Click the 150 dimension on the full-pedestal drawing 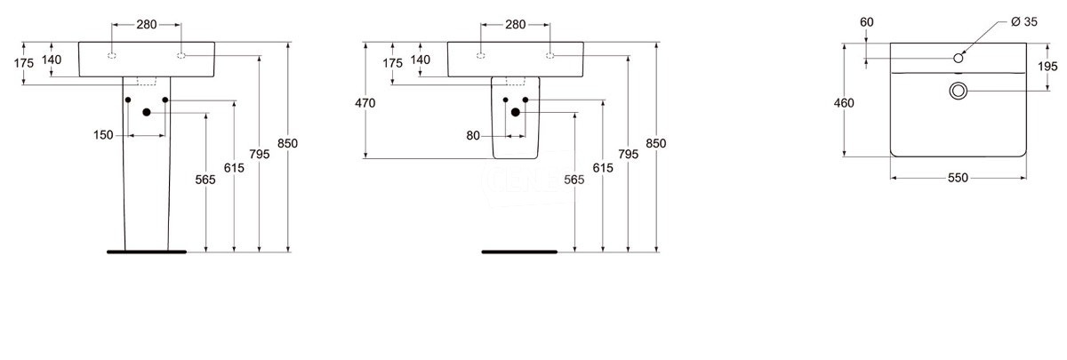pyautogui.click(x=103, y=135)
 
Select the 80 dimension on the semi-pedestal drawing pyautogui.click(x=473, y=136)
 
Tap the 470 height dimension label pyautogui.click(x=365, y=103)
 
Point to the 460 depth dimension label pyautogui.click(x=844, y=103)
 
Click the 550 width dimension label pyautogui.click(x=958, y=178)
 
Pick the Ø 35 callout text pyautogui.click(x=1024, y=22)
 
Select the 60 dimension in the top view pyautogui.click(x=867, y=22)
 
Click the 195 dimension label pyautogui.click(x=1047, y=67)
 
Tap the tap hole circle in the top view pyautogui.click(x=959, y=58)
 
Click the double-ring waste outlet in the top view pyautogui.click(x=958, y=91)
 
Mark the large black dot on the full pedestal pyautogui.click(x=147, y=112)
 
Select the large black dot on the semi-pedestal pyautogui.click(x=516, y=112)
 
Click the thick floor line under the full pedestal pyautogui.click(x=147, y=252)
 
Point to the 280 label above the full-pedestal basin pyautogui.click(x=146, y=24)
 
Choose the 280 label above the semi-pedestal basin pyautogui.click(x=516, y=24)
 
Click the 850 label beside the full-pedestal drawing pyautogui.click(x=287, y=143)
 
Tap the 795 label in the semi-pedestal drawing pyautogui.click(x=629, y=155)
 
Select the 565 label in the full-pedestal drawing pyautogui.click(x=205, y=180)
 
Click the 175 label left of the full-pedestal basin pyautogui.click(x=24, y=63)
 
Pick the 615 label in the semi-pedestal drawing pyautogui.click(x=603, y=168)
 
